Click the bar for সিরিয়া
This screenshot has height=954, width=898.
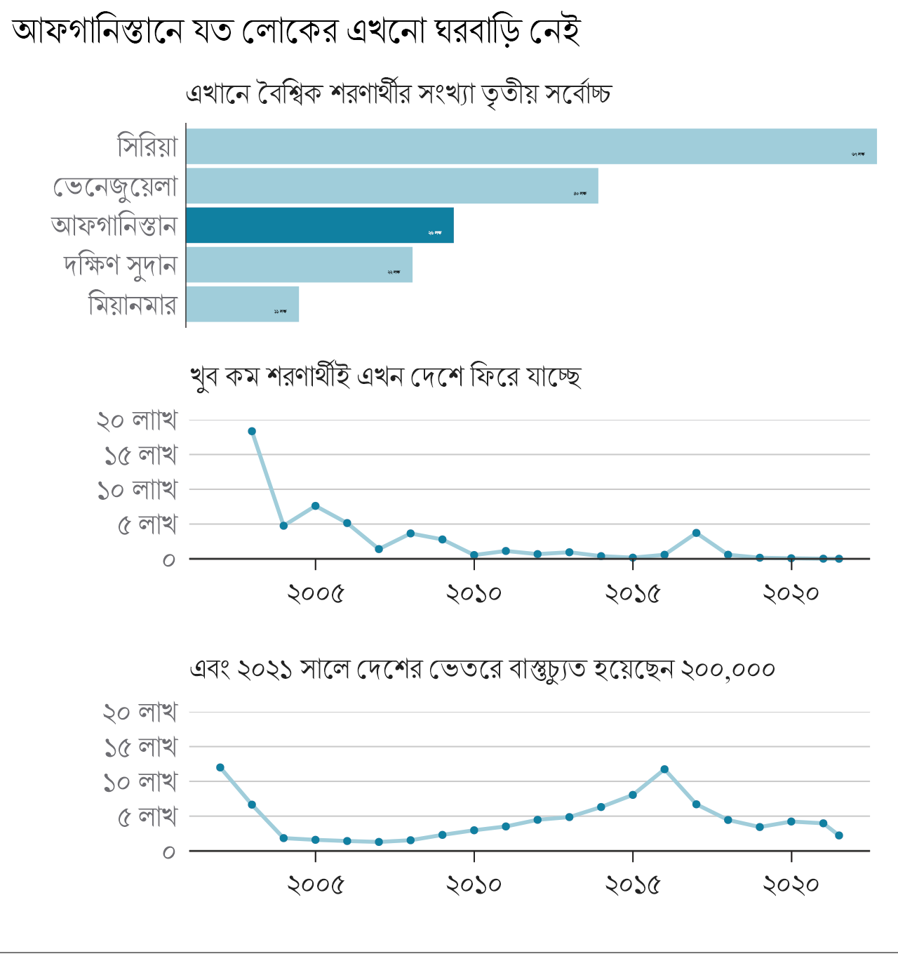click(x=531, y=147)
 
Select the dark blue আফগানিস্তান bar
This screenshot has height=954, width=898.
click(x=320, y=225)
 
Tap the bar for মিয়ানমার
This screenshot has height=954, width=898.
click(x=243, y=304)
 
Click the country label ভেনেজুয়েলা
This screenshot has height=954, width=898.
click(x=116, y=187)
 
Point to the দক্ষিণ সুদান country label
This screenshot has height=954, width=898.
click(x=120, y=265)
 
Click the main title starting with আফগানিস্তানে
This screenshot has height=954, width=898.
click(x=296, y=31)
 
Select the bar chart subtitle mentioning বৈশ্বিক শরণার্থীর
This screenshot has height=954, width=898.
click(x=398, y=93)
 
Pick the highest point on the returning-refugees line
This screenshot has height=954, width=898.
click(x=252, y=432)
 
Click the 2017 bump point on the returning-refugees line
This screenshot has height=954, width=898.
click(x=696, y=533)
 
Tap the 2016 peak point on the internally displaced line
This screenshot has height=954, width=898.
click(x=664, y=769)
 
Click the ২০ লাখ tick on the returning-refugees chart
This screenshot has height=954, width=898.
click(x=137, y=420)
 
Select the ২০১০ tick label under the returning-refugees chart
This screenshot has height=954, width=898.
click(x=474, y=594)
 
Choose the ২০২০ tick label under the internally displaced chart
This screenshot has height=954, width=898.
click(x=791, y=886)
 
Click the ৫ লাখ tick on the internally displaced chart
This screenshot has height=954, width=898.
click(x=147, y=816)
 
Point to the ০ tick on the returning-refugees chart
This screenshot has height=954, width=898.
click(x=168, y=559)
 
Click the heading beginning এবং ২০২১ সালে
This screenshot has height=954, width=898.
click(x=482, y=669)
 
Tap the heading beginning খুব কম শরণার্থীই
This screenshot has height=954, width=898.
click(x=385, y=377)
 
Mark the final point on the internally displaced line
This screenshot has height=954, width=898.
click(x=839, y=835)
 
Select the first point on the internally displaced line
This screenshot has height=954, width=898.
click(x=220, y=767)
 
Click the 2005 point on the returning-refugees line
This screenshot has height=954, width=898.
click(x=316, y=506)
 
